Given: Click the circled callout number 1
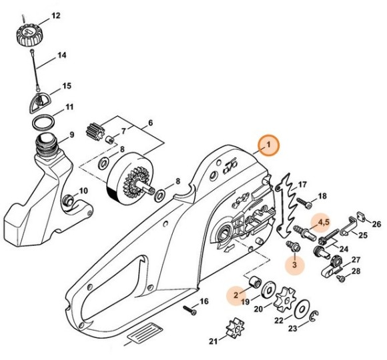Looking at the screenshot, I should [x=269, y=145].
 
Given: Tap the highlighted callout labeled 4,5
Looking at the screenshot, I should [x=323, y=221].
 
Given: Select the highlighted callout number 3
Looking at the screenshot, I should [x=294, y=265].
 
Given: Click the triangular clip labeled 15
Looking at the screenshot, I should [x=44, y=101].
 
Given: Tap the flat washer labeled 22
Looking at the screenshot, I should [x=302, y=311].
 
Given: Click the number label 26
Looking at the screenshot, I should [x=376, y=224].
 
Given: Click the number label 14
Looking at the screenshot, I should [x=61, y=55].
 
